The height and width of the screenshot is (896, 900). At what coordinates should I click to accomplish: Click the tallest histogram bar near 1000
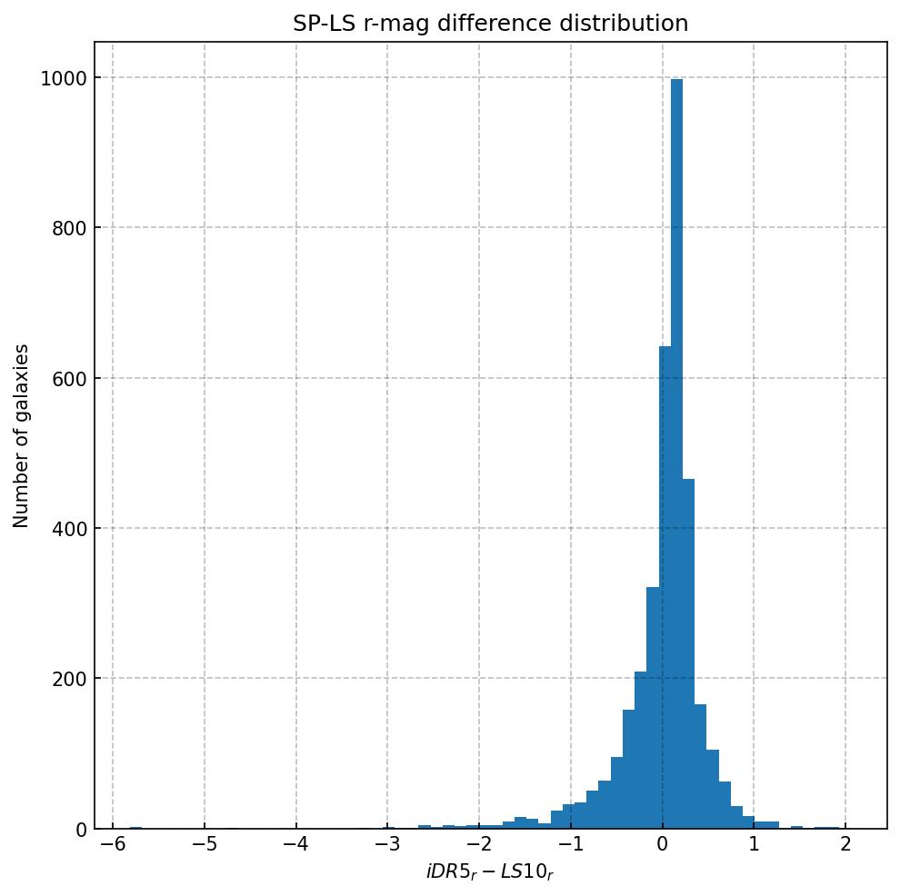coord(676,454)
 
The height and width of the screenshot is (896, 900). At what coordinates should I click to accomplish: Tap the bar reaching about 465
coord(688,653)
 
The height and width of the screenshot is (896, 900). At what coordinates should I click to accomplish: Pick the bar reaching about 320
coord(653,708)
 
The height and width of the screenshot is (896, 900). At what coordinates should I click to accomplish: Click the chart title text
coord(490,24)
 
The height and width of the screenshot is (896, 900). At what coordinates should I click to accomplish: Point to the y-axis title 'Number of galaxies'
coord(22,435)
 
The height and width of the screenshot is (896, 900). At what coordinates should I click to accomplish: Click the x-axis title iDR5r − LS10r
coord(490,872)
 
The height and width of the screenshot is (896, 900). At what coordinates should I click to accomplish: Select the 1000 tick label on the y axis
coord(56,78)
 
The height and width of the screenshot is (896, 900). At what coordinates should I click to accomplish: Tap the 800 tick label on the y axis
coord(62,228)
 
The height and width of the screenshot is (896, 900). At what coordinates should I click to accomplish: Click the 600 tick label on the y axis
coord(62,378)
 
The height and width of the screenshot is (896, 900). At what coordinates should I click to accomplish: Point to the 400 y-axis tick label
coord(62,528)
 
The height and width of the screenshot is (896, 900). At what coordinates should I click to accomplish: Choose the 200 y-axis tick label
coord(62,679)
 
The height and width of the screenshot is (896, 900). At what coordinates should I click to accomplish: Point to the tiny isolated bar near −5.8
coord(135,828)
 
